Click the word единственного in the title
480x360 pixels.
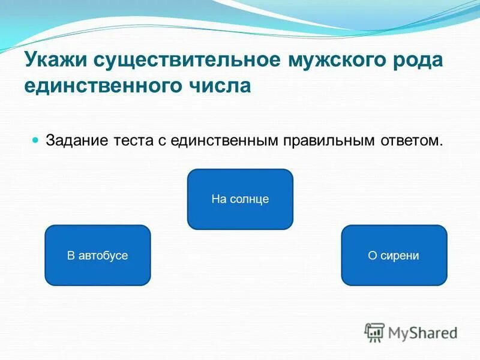[x=100, y=85]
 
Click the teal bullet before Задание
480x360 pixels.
[x=35, y=139]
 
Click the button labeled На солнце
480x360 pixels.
[x=240, y=199]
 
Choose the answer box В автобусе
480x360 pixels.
[x=97, y=255]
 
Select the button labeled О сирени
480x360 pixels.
[x=394, y=255]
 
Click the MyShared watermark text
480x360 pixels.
[x=422, y=332]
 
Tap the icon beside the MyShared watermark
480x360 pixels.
[x=374, y=332]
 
